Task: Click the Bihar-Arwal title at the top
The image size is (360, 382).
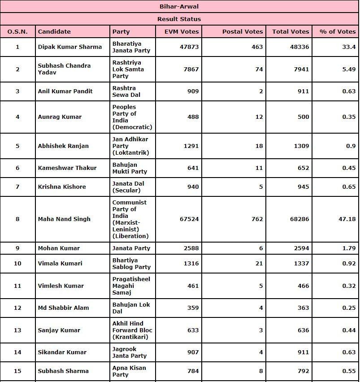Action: tap(179, 6)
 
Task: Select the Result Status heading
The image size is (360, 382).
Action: tap(179, 19)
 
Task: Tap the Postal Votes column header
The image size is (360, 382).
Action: tap(243, 31)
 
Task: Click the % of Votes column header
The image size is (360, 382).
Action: tap(338, 31)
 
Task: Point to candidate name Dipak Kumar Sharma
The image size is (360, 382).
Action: tap(69, 47)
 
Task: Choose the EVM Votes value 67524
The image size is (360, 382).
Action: tap(189, 219)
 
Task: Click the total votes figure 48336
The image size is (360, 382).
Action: tap(299, 47)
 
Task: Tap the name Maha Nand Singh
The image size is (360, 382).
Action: tap(64, 219)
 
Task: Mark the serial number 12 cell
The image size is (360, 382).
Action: tap(17, 308)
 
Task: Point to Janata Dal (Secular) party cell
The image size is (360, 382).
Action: tap(128, 187)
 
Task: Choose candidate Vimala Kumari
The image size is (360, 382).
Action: tap(60, 263)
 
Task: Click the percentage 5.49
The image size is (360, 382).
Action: tap(348, 69)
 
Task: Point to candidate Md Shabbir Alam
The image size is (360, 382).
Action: tap(63, 308)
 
